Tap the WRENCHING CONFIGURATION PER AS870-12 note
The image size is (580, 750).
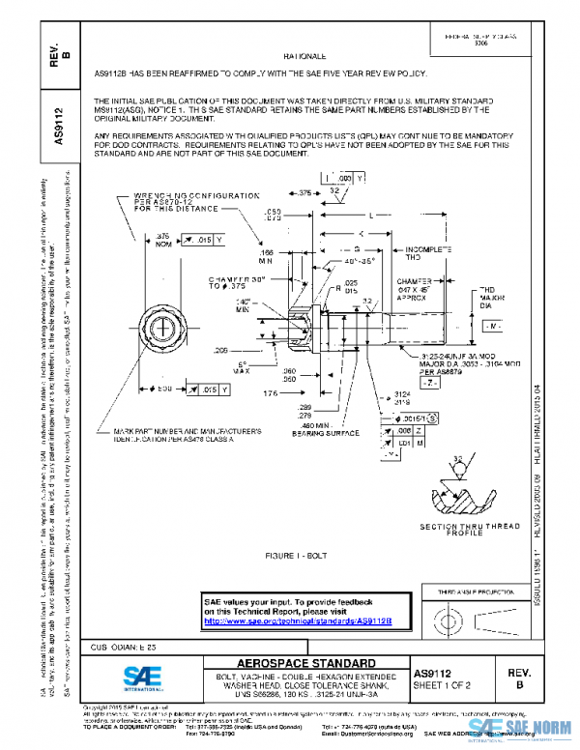(183, 200)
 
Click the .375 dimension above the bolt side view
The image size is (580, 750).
(304, 193)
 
